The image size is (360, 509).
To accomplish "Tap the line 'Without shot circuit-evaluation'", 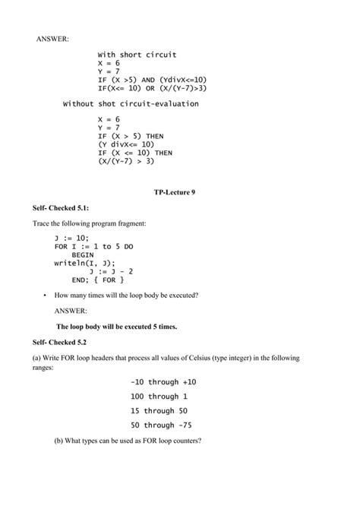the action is click(130, 103).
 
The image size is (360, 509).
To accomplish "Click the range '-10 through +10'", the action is click(163, 381).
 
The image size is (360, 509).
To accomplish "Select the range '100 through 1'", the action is click(159, 396).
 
